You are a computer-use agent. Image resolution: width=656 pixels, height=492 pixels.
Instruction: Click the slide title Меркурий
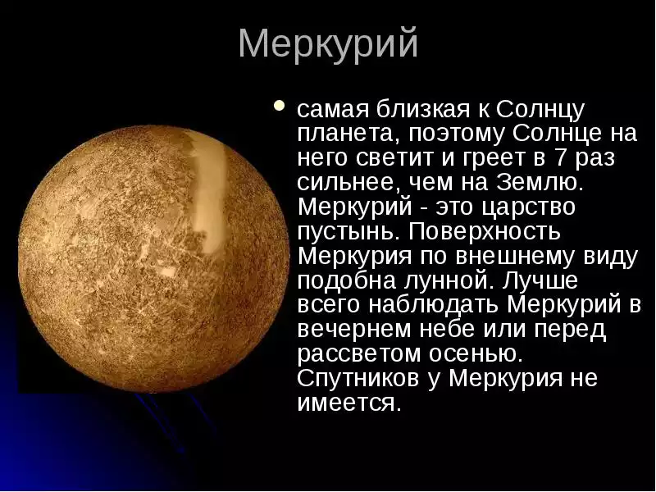[328, 43]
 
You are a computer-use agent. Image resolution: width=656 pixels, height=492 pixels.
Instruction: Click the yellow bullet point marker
[280, 106]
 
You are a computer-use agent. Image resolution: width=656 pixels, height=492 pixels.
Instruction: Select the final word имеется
[349, 404]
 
